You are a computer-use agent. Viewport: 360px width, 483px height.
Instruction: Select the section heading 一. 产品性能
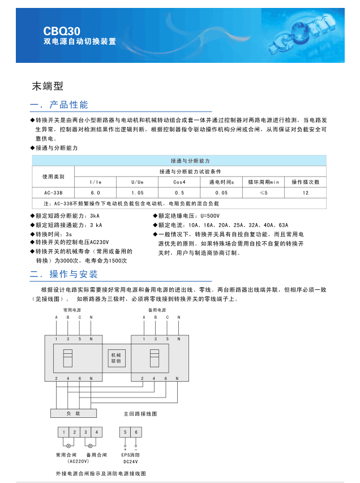59,105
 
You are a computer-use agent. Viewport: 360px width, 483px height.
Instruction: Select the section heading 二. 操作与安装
64,274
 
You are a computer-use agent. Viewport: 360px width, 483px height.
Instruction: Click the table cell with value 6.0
95,193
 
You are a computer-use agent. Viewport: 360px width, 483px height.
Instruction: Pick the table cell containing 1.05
138,193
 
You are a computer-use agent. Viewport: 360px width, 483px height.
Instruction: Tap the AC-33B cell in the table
54,193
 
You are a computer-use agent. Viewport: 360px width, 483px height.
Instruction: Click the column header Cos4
179,182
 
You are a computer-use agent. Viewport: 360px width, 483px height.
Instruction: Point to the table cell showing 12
305,193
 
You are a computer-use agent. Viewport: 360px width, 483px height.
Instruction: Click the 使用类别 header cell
54,176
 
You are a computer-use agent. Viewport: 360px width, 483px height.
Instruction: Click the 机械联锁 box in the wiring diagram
115,357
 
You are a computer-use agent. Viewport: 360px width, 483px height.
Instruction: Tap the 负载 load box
74,413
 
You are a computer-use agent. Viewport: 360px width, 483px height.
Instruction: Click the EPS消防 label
130,455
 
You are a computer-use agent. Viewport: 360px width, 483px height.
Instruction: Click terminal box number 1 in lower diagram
64,433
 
